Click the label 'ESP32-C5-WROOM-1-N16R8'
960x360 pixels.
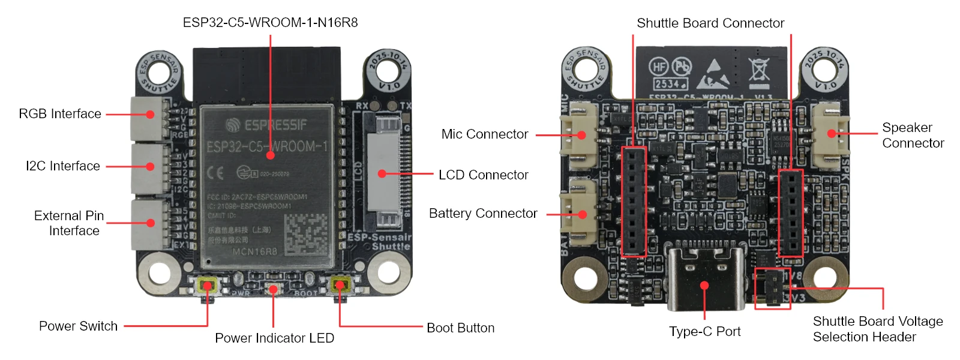pyautogui.click(x=270, y=23)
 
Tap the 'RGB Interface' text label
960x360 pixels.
pyautogui.click(x=60, y=114)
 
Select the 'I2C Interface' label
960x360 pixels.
pyautogui.click(x=63, y=166)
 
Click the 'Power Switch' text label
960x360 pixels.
pyautogui.click(x=78, y=326)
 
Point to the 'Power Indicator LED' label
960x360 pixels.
pyautogui.click(x=274, y=338)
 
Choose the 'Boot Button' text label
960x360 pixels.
pyautogui.click(x=460, y=328)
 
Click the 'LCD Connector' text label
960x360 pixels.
pyautogui.click(x=483, y=175)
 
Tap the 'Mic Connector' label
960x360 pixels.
pyautogui.click(x=485, y=134)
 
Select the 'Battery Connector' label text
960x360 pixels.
pyautogui.click(x=483, y=214)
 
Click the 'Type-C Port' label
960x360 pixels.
pyautogui.click(x=705, y=332)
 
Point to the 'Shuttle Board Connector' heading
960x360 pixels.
pyautogui.click(x=710, y=23)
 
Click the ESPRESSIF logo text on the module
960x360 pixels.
pyautogui.click(x=266, y=125)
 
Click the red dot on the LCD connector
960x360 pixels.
pyautogui.click(x=382, y=174)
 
